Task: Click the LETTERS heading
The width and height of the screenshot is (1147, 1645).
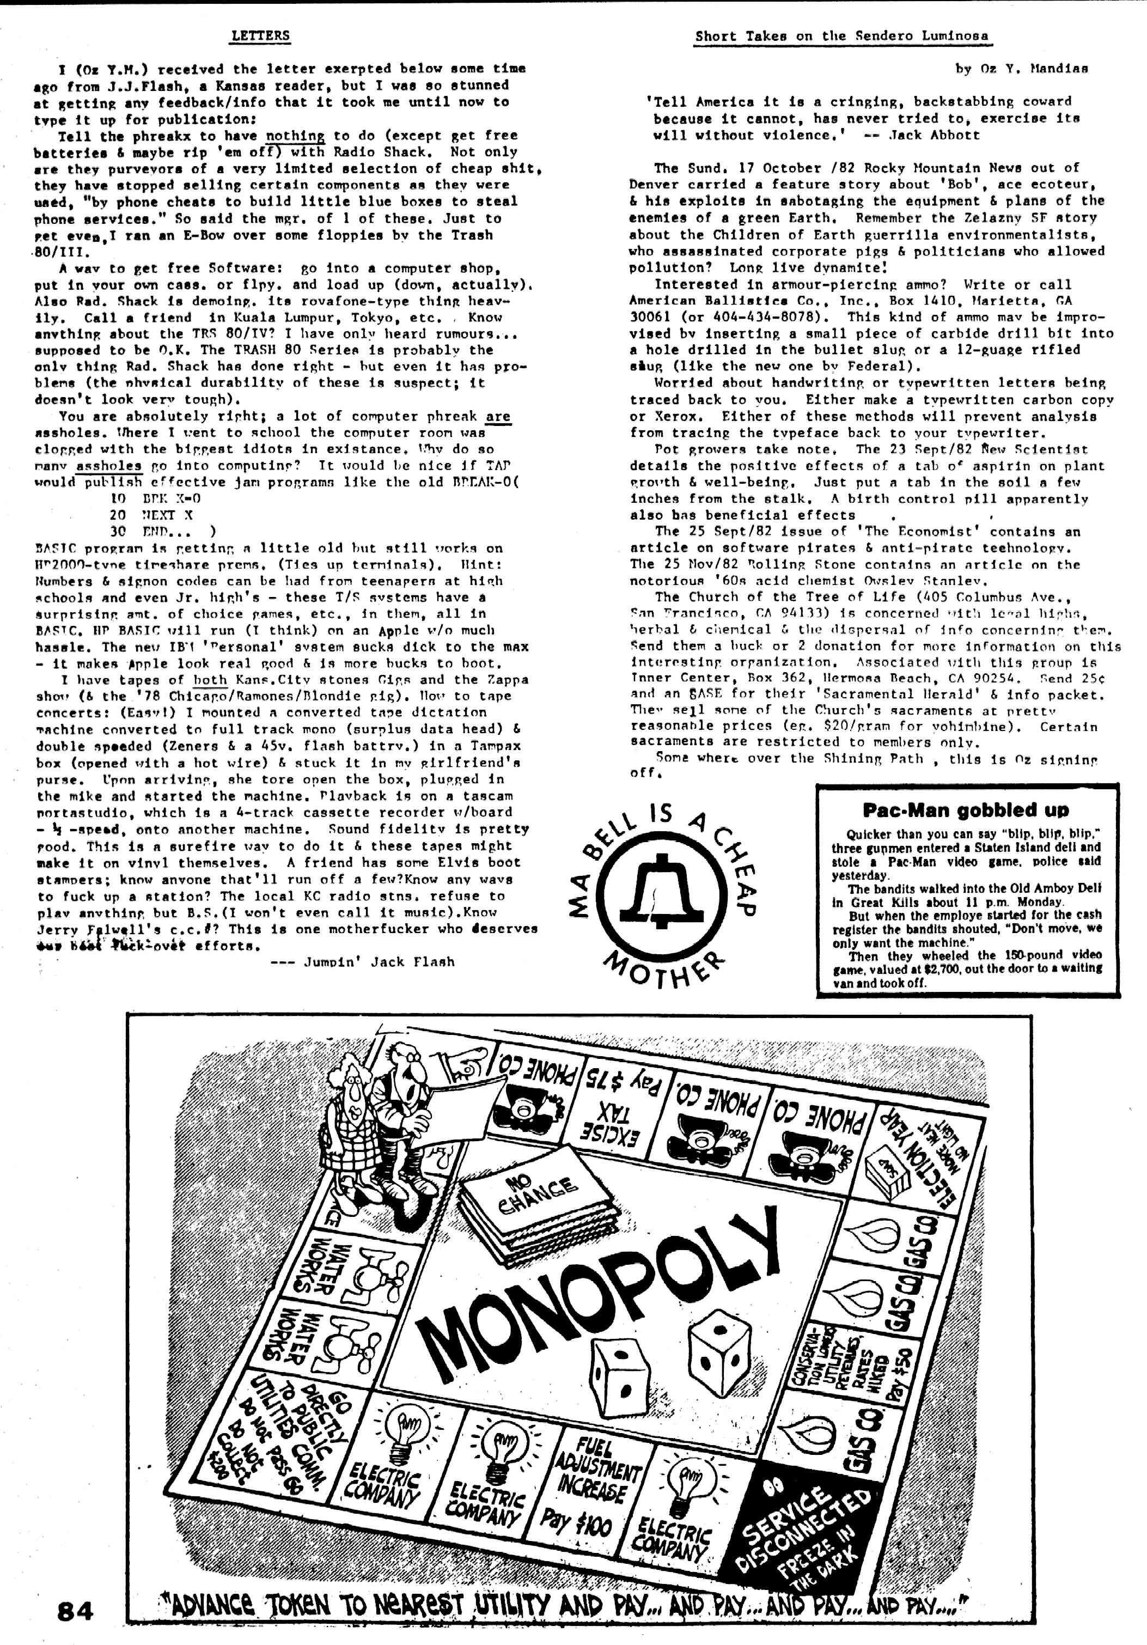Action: tap(260, 35)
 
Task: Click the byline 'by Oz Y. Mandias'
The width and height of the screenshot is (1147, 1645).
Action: tap(1022, 69)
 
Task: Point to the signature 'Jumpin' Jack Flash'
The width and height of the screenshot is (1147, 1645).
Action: tap(379, 961)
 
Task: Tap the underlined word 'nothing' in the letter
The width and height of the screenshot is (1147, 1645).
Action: tap(295, 136)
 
